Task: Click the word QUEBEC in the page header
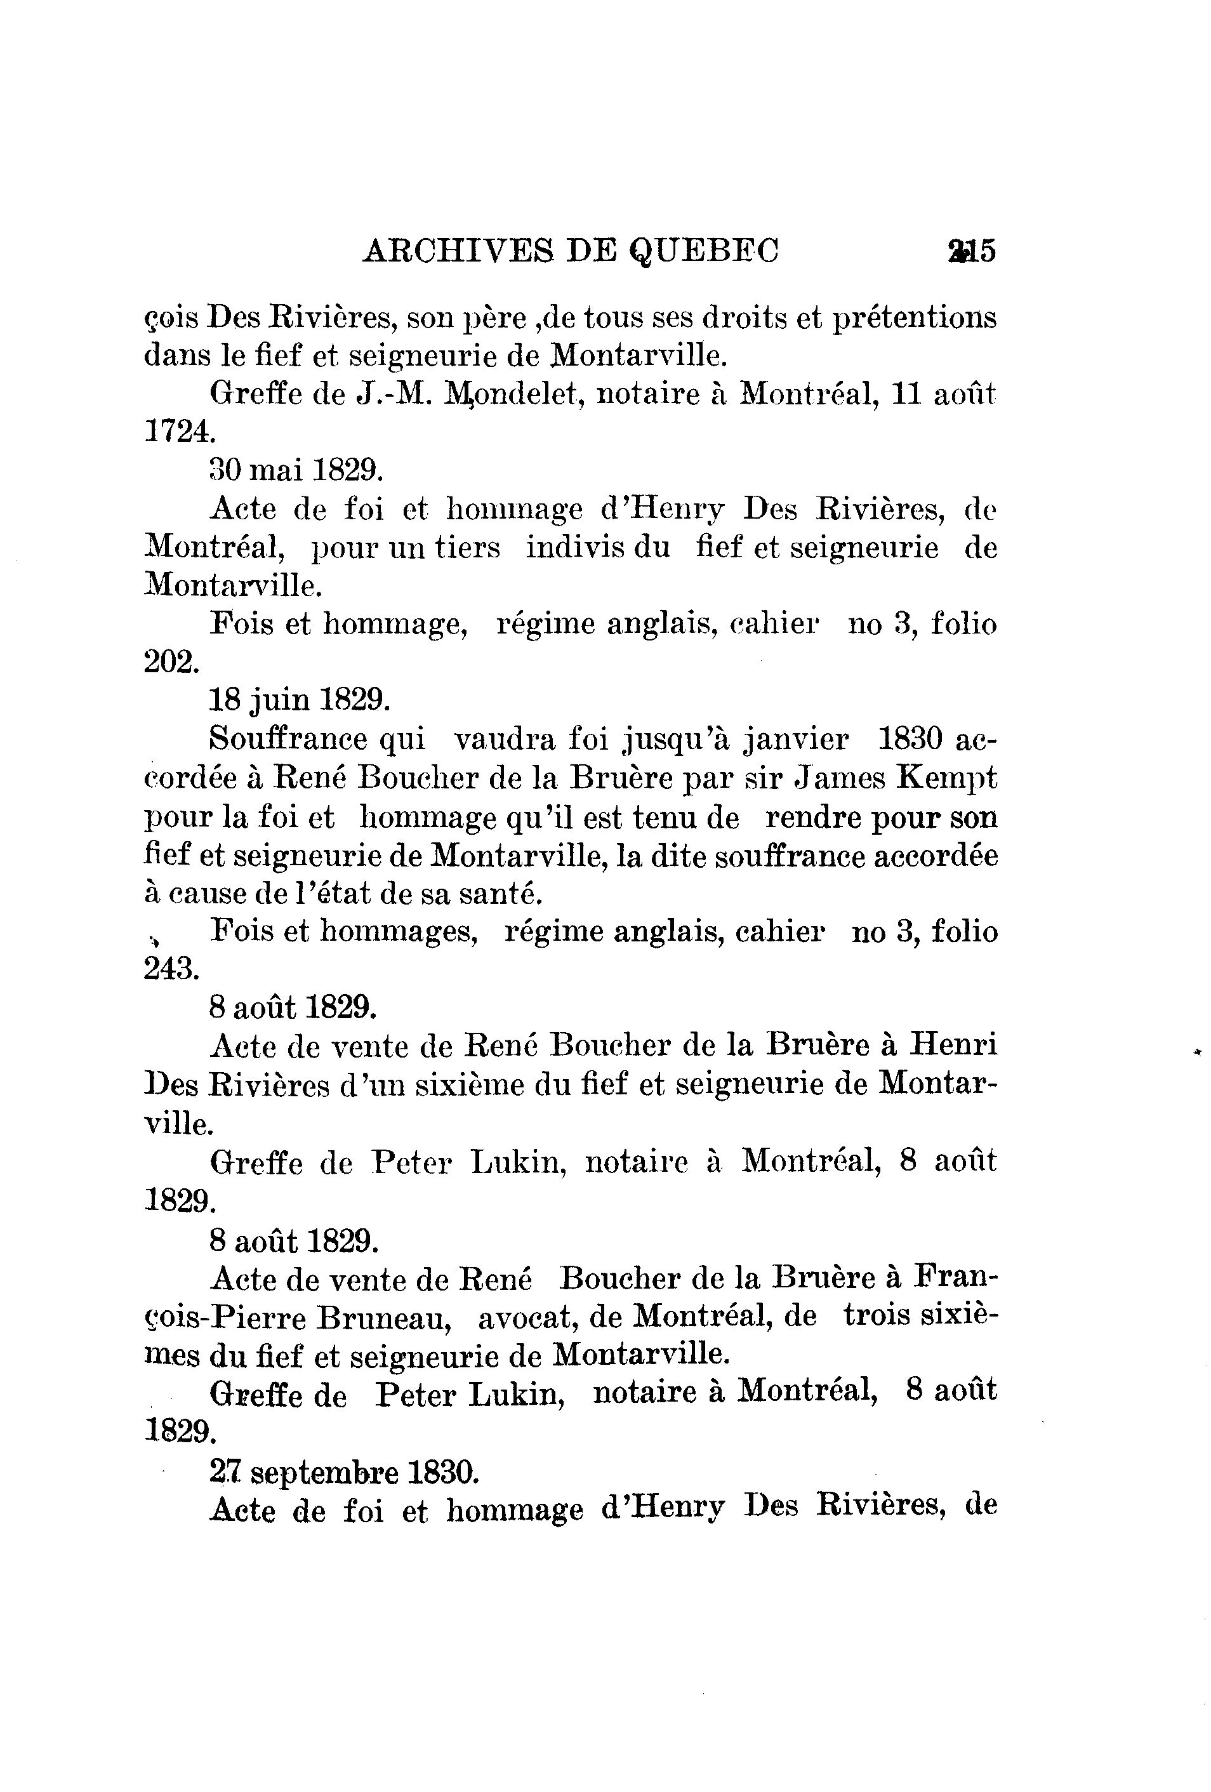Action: coord(705,251)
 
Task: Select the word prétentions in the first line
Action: coord(915,317)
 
